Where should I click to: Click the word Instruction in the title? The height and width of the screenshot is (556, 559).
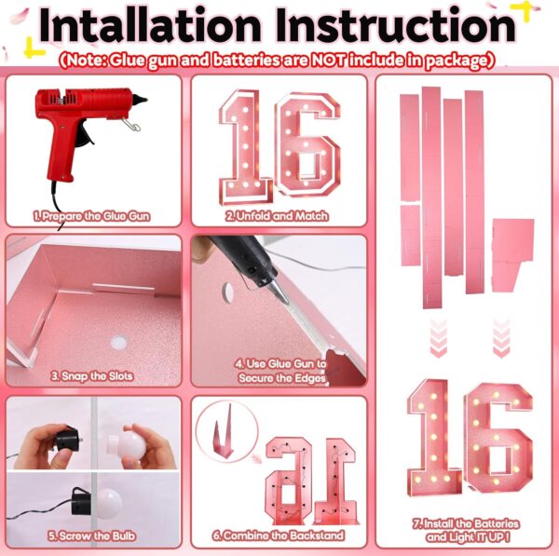395,25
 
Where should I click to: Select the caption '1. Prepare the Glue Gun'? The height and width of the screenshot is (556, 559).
91,216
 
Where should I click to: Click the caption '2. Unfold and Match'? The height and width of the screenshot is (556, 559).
277,216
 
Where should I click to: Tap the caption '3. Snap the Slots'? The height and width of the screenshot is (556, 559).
92,376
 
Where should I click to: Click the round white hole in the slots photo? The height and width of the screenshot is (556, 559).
118,343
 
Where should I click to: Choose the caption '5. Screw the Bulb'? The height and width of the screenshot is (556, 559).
91,536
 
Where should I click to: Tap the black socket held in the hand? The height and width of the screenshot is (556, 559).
67,440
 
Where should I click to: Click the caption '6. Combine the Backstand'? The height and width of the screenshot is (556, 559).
279,536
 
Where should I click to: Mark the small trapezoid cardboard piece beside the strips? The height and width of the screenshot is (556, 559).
512,255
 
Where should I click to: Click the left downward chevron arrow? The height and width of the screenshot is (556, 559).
439,337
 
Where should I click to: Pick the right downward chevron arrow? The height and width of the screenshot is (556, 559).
501,337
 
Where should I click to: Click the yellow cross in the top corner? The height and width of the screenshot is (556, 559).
523,10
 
